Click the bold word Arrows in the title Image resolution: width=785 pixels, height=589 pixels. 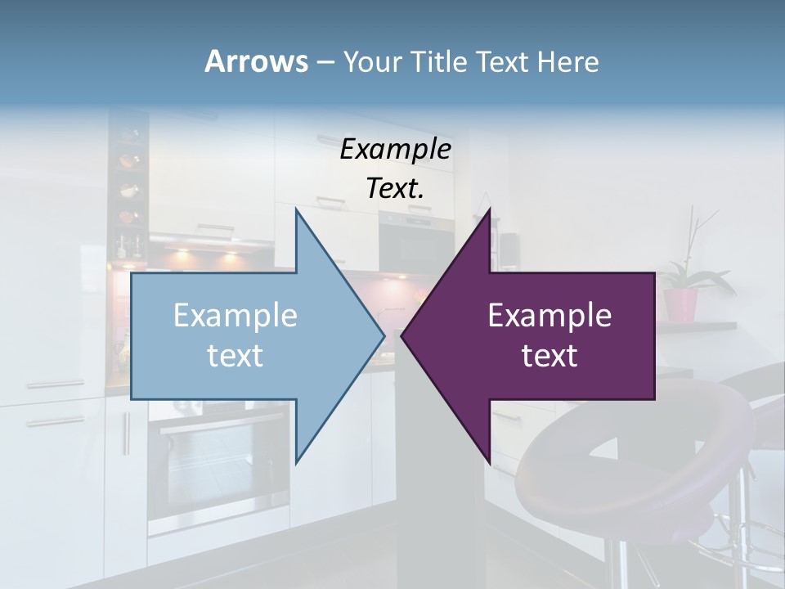256,61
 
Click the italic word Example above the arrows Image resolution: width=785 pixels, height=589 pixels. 395,150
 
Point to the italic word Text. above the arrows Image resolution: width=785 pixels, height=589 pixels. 395,189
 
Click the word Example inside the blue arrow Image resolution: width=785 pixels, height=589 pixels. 235,316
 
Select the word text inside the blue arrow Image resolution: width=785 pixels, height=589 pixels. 235,356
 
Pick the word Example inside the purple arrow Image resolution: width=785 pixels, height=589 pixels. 549,316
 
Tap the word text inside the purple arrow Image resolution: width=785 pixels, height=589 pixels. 549,356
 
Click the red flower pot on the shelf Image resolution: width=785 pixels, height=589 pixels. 680,304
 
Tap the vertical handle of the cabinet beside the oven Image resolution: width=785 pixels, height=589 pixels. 127,434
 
